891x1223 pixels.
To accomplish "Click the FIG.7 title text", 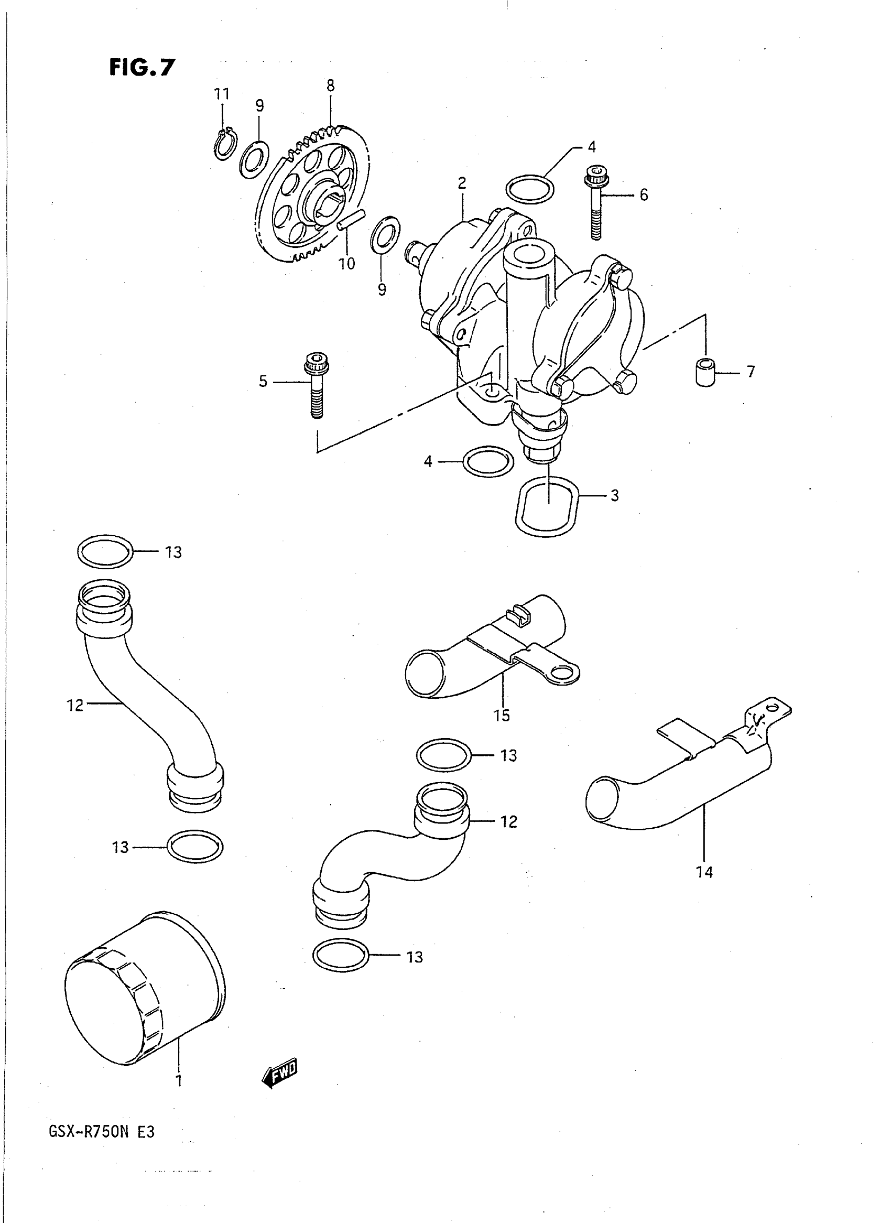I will click(142, 68).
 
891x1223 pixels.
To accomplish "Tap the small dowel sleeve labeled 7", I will click(705, 372).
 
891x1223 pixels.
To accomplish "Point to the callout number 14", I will click(704, 872).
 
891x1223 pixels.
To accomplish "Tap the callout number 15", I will click(502, 716).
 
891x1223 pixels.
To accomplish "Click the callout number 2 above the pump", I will click(462, 183).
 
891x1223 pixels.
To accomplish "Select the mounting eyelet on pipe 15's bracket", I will click(562, 672).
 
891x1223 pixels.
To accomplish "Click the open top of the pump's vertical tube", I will click(528, 252).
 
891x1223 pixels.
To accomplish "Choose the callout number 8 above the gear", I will click(330, 85).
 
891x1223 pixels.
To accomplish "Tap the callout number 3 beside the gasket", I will click(614, 495).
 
